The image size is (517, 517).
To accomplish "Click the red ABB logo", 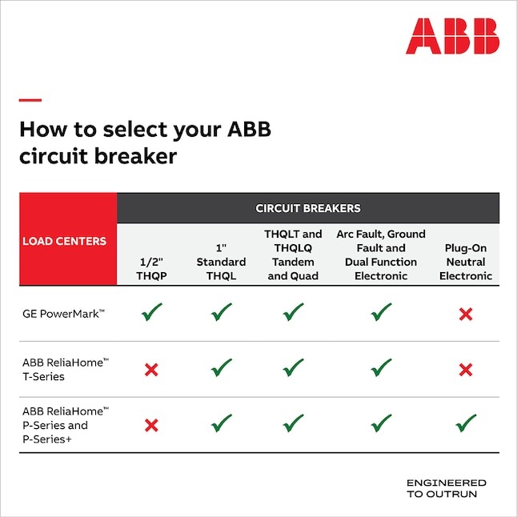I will click(451, 36).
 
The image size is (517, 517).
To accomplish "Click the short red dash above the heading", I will click(30, 100).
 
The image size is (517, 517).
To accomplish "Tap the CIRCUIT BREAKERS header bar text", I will click(308, 208).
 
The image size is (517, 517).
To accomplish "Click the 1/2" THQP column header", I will click(151, 268).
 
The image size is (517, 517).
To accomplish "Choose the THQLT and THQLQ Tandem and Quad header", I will click(293, 254).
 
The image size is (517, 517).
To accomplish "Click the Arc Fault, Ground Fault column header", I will click(381, 254).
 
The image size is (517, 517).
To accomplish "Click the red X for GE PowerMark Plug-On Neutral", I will click(465, 315).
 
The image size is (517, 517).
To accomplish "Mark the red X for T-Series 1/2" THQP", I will click(151, 369).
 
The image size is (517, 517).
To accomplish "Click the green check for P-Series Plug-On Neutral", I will click(465, 423).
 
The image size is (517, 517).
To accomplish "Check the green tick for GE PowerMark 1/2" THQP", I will click(151, 313).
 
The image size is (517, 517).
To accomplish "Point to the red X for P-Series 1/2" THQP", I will click(151, 425).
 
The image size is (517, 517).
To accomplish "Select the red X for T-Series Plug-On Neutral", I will click(465, 369).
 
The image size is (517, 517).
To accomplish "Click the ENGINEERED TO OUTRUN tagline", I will click(446, 488).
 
